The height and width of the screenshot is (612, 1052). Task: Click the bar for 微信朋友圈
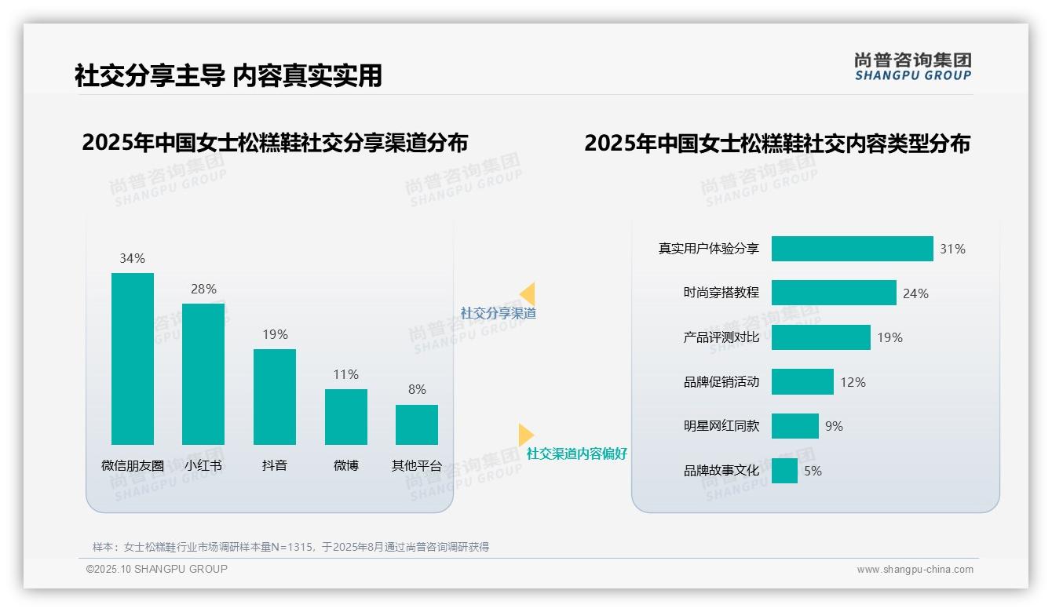click(133, 359)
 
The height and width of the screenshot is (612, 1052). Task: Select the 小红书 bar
click(203, 373)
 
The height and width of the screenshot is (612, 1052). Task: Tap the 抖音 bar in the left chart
click(275, 396)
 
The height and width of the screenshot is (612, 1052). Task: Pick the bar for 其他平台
click(417, 424)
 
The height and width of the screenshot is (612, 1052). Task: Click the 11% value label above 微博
click(345, 375)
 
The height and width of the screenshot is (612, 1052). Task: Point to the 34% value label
click(132, 258)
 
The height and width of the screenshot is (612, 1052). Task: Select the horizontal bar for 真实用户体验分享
click(852, 249)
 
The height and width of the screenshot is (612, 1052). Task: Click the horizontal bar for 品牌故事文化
click(784, 471)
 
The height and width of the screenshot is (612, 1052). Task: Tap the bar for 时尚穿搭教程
click(834, 293)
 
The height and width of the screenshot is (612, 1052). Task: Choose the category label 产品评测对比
click(721, 337)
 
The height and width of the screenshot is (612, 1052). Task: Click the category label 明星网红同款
click(721, 426)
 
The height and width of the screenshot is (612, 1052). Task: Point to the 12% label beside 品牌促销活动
click(853, 382)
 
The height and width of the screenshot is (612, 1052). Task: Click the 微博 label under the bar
click(345, 465)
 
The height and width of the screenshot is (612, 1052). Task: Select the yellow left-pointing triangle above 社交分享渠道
click(528, 294)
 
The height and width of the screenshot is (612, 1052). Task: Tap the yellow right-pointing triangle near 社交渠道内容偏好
click(525, 435)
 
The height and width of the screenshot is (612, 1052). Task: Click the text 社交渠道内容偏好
click(576, 454)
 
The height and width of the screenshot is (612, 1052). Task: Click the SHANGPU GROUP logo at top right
click(912, 67)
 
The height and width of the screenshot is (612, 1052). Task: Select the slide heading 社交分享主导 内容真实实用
click(228, 75)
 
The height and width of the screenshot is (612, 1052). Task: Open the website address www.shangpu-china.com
click(915, 570)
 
